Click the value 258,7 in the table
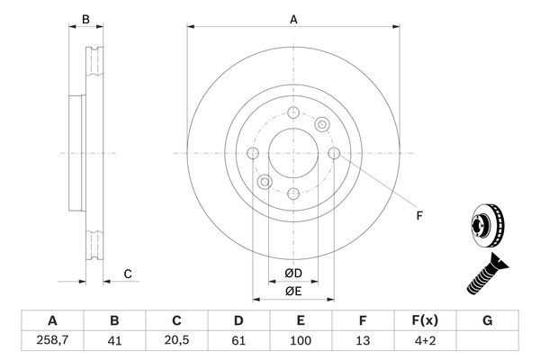click(51, 342)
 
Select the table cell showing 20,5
click(176, 342)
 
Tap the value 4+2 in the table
click(426, 342)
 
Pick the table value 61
click(238, 342)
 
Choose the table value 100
click(301, 342)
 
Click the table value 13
click(363, 342)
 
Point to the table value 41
click(114, 342)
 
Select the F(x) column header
click(426, 320)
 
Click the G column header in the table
click(488, 320)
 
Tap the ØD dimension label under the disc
click(293, 273)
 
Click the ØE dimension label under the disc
click(293, 291)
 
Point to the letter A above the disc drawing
click(293, 18)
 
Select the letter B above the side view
click(85, 18)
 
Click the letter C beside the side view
click(128, 274)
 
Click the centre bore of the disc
click(293, 154)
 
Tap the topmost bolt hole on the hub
click(294, 112)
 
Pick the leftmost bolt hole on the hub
click(253, 154)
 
